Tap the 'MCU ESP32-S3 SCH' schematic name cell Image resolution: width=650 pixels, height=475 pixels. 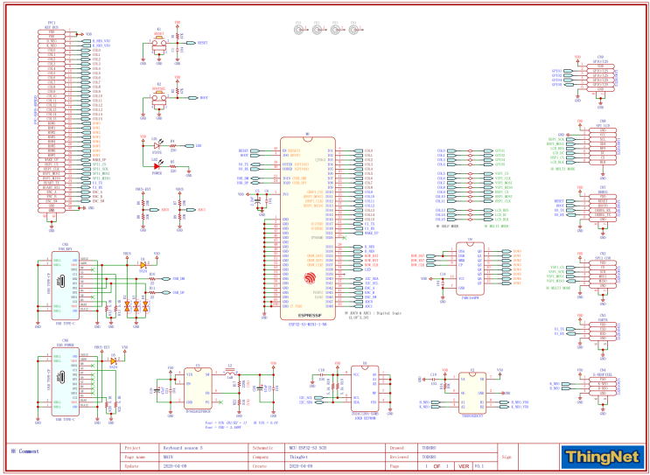(310, 446)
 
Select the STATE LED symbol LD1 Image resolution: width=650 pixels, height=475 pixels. (157, 146)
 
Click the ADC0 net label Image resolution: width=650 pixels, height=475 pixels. (166, 210)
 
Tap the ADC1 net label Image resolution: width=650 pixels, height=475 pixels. (201, 210)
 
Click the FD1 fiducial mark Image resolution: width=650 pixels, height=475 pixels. (299, 30)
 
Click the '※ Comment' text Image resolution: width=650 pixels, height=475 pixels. (24, 451)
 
